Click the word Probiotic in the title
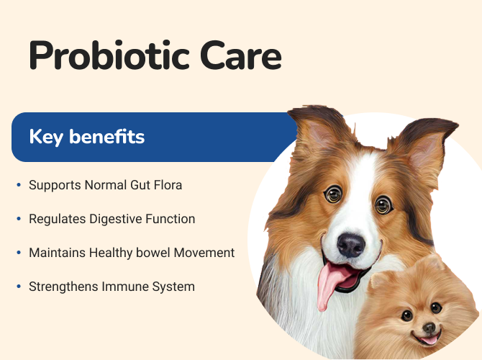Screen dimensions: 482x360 click(109, 55)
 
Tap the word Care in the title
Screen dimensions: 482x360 click(241, 55)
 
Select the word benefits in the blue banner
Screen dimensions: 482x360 click(106, 136)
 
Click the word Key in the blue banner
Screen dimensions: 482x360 click(47, 138)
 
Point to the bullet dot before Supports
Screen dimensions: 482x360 click(19, 185)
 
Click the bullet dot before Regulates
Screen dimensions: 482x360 click(19, 219)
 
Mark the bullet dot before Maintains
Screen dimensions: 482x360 click(19, 253)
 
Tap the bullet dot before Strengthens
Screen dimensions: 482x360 click(19, 287)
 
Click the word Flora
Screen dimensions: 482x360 click(168, 185)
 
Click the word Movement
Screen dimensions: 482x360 click(204, 253)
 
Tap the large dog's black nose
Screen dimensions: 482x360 click(351, 246)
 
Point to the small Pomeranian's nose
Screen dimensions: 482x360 click(429, 328)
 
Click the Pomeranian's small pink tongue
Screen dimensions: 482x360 click(429, 340)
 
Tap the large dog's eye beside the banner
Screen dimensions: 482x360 click(334, 194)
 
